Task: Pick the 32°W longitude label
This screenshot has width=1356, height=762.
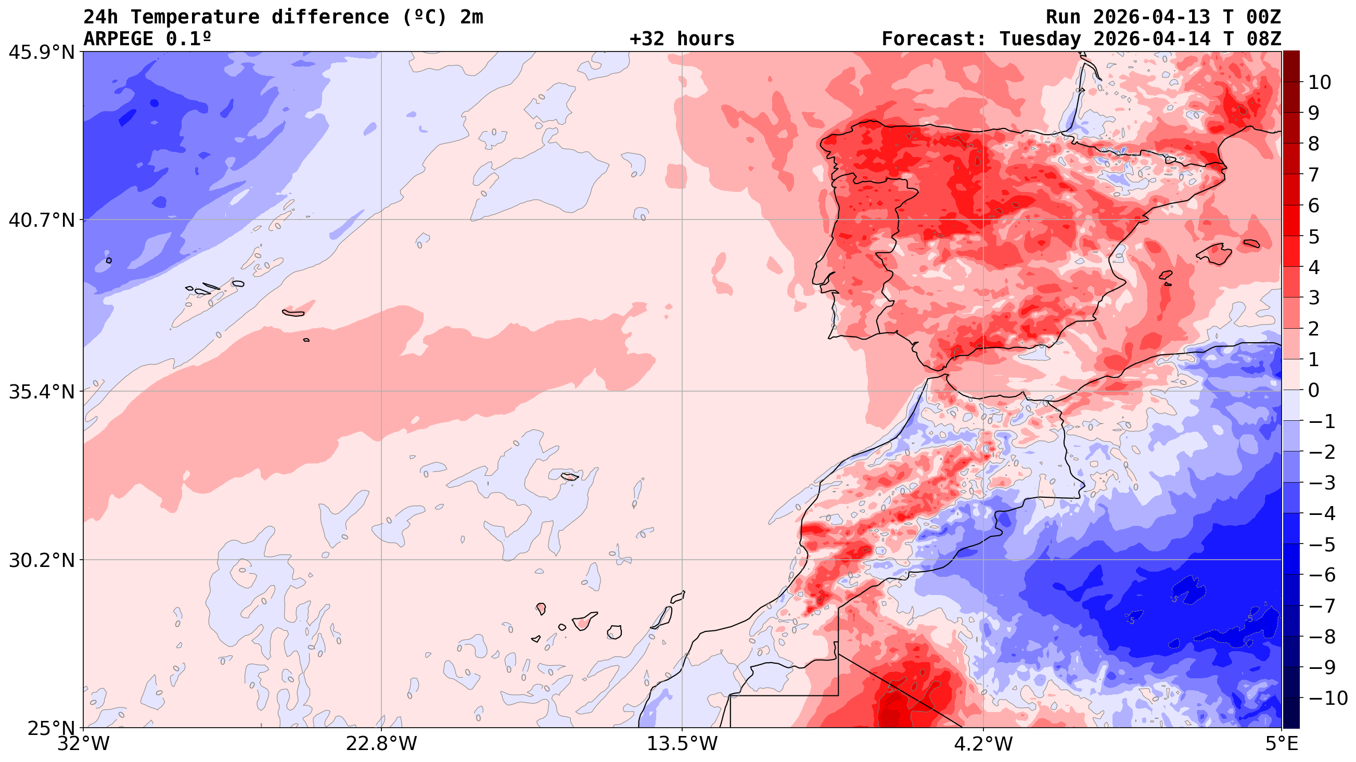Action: [x=83, y=744]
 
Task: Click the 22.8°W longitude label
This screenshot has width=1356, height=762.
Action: [x=381, y=744]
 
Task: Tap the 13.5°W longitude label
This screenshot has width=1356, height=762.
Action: [x=682, y=744]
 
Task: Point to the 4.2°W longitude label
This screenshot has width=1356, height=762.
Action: [x=983, y=744]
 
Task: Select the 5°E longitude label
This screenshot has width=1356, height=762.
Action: [x=1281, y=744]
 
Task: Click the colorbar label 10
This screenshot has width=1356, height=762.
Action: [x=1320, y=83]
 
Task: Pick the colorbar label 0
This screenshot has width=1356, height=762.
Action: [x=1314, y=391]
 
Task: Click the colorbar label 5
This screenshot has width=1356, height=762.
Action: [x=1314, y=237]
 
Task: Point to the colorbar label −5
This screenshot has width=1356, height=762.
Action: [x=1322, y=545]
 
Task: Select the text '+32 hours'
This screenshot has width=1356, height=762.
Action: [x=682, y=39]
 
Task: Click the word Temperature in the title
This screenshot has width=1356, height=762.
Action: [x=195, y=17]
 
